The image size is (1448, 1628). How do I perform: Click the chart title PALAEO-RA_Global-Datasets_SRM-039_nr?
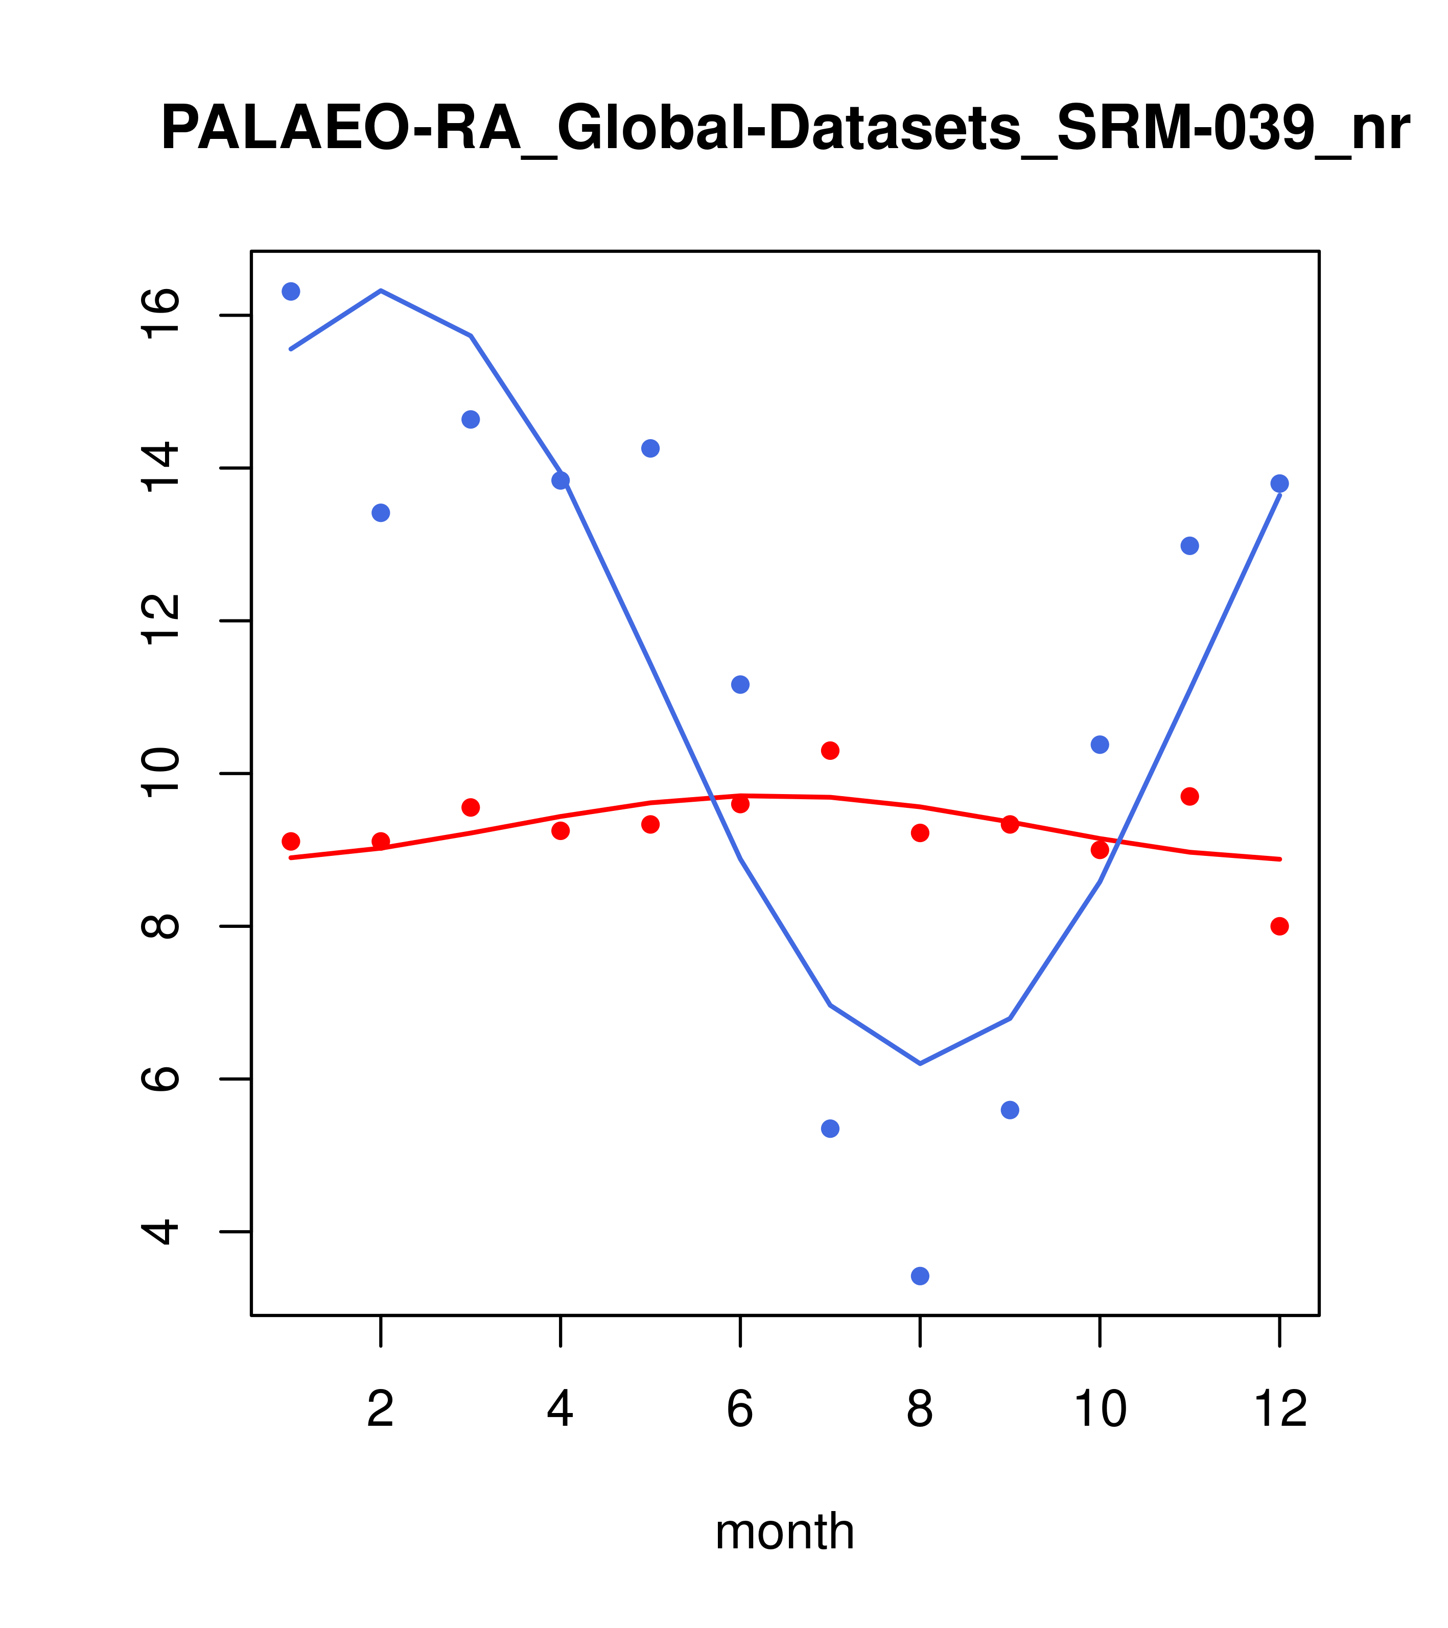(x=785, y=129)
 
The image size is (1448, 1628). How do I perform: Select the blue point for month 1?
(x=291, y=292)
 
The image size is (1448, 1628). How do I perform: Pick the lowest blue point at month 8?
(x=920, y=1276)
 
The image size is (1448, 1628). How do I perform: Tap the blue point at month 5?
(x=650, y=448)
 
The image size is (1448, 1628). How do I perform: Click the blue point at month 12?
(x=1279, y=484)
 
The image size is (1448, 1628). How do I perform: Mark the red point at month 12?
(x=1279, y=926)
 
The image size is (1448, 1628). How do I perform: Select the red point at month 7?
(x=830, y=750)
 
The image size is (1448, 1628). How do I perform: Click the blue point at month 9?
(x=1010, y=1110)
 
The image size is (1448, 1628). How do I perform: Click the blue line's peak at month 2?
(x=381, y=291)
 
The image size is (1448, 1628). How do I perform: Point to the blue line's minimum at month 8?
(x=920, y=1063)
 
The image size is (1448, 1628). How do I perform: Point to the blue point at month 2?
(x=381, y=512)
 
